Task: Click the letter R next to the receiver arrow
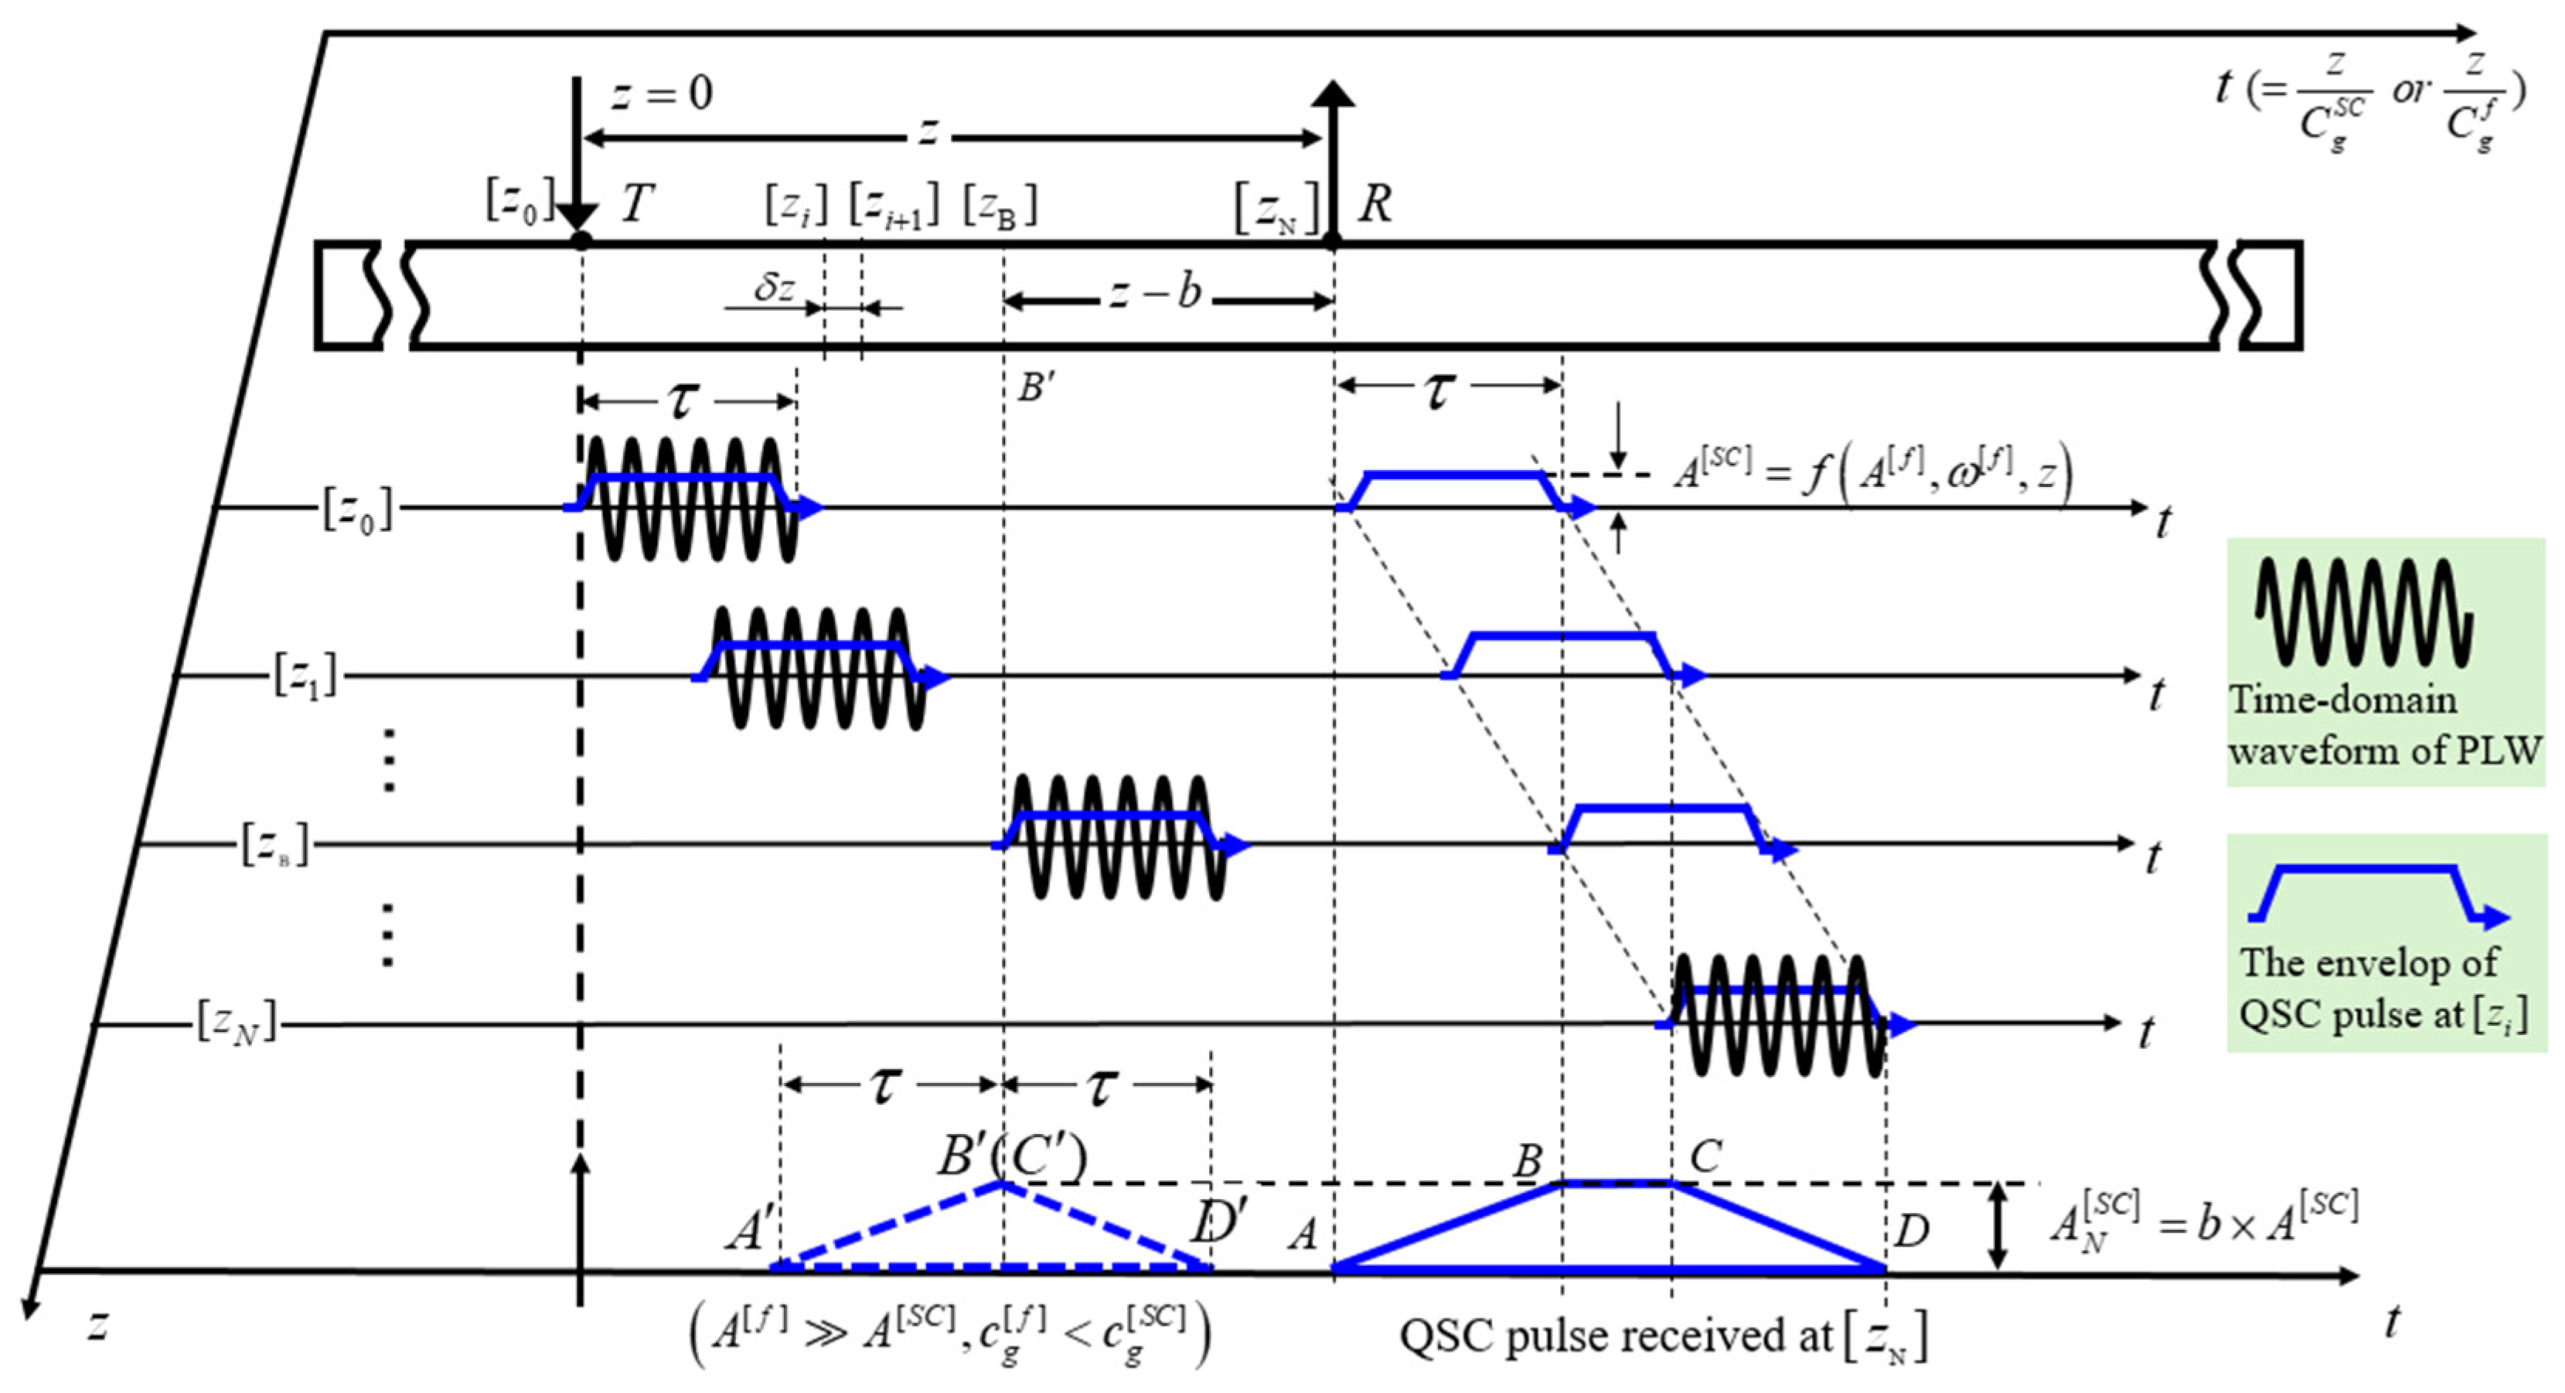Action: [x=1374, y=204]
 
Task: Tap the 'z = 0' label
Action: [x=661, y=94]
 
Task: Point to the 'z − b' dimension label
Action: [x=1155, y=293]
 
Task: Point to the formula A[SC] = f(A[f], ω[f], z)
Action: [x=1872, y=473]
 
